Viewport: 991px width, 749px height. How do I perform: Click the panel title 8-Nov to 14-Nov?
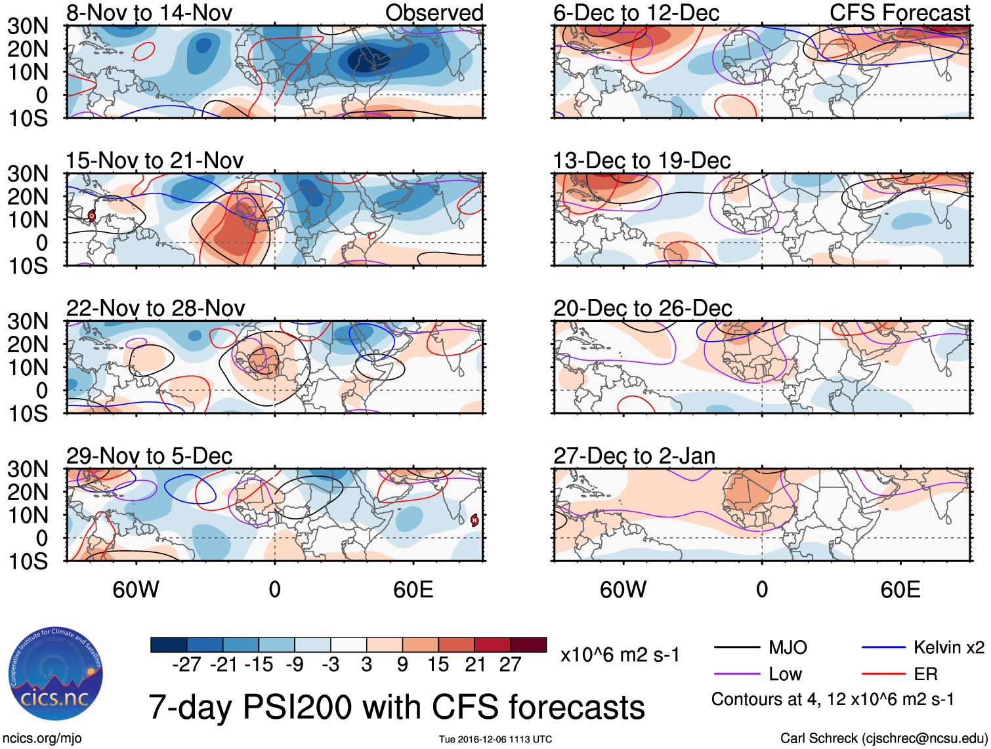(149, 12)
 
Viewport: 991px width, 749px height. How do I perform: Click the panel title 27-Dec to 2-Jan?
(634, 456)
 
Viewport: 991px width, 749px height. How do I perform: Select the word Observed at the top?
(434, 12)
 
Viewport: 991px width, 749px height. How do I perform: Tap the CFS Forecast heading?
(899, 12)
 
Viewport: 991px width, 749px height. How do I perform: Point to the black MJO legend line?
(736, 648)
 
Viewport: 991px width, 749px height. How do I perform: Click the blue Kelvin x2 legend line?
(883, 648)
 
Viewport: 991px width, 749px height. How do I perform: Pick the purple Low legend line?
(736, 674)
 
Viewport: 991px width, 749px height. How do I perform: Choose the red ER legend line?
(883, 674)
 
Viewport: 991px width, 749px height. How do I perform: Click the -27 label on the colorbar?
(186, 664)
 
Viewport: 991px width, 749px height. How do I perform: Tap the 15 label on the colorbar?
(438, 664)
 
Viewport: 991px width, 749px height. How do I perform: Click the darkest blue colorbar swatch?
(169, 645)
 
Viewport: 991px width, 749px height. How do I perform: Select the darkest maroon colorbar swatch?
(528, 645)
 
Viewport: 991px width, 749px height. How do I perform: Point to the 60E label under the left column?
(413, 590)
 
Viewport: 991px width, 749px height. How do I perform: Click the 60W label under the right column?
(623, 590)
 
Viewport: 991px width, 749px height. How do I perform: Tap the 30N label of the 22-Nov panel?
(28, 321)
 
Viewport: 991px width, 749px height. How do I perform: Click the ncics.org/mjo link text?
(41, 739)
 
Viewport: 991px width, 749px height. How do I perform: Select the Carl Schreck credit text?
(883, 739)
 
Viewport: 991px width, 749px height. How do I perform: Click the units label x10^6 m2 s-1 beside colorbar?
(620, 655)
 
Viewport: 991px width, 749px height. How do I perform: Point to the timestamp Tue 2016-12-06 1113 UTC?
(496, 739)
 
